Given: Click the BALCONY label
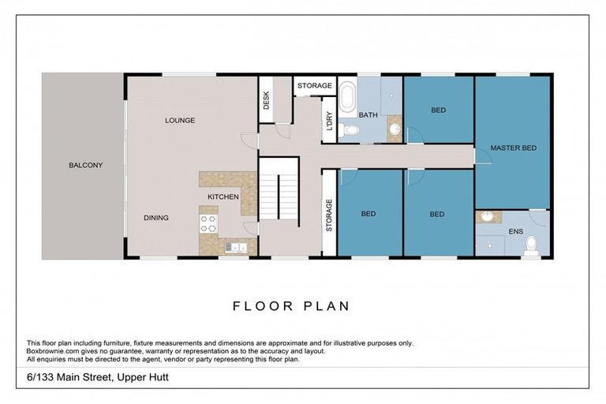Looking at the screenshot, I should point(85,165).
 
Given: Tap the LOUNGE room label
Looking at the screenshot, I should point(180,120).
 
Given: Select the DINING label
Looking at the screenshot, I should point(156,218).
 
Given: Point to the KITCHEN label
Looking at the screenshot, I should point(223,196).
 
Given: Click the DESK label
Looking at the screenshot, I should point(266,99).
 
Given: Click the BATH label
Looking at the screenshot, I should point(368,115).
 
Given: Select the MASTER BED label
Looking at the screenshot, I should point(513,148).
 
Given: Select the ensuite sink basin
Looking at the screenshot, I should point(488,215).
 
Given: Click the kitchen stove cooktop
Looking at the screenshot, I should point(208,223).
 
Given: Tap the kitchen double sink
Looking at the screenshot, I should point(235,247).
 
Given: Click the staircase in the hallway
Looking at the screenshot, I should point(269,196).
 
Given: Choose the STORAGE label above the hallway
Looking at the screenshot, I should point(315,85).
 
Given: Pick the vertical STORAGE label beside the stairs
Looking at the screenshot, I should point(329,215).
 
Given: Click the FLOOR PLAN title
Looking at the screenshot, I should point(291,306).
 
